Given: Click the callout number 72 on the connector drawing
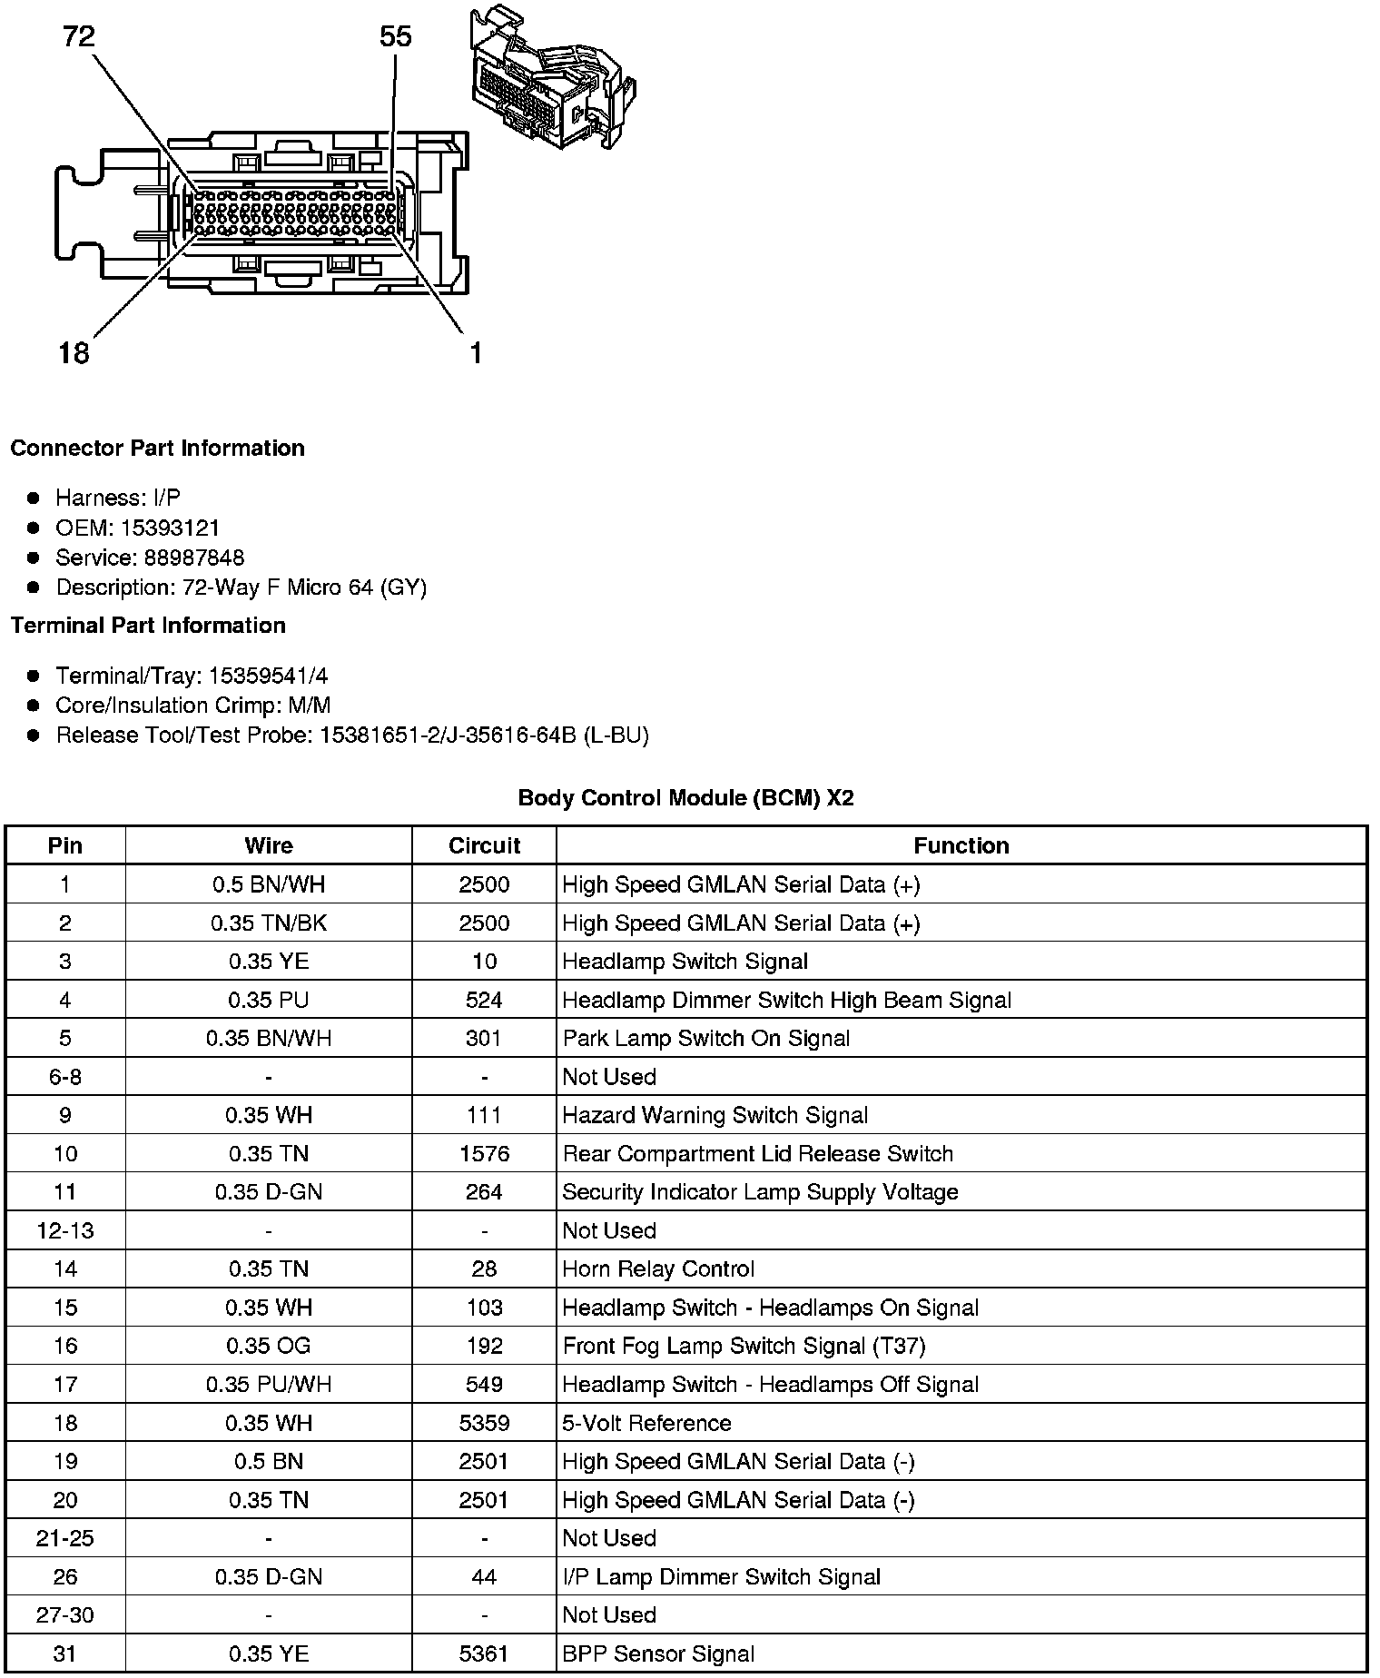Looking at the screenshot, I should point(79,37).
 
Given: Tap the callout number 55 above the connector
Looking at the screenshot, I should point(395,37).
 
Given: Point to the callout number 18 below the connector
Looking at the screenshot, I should point(74,352).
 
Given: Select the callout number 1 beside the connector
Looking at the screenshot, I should point(475,352).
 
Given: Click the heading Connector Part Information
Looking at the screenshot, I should point(157,449).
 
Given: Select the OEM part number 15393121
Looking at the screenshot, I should point(170,528).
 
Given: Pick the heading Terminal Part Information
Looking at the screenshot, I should point(148,626).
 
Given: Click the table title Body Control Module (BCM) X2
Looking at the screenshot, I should point(685,798).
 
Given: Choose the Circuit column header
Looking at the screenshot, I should point(484,846).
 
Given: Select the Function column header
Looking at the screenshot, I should point(961,846).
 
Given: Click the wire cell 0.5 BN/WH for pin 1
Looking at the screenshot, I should point(269,885).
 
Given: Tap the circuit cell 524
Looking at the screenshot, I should point(484,1001).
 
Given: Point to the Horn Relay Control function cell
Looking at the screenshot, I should point(658,1269).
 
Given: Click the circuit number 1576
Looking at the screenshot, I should point(484,1154).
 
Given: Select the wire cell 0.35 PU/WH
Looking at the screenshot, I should point(269,1385).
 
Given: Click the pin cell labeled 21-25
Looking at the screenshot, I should point(65,1538).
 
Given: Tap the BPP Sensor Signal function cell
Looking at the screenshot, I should point(658,1653).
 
